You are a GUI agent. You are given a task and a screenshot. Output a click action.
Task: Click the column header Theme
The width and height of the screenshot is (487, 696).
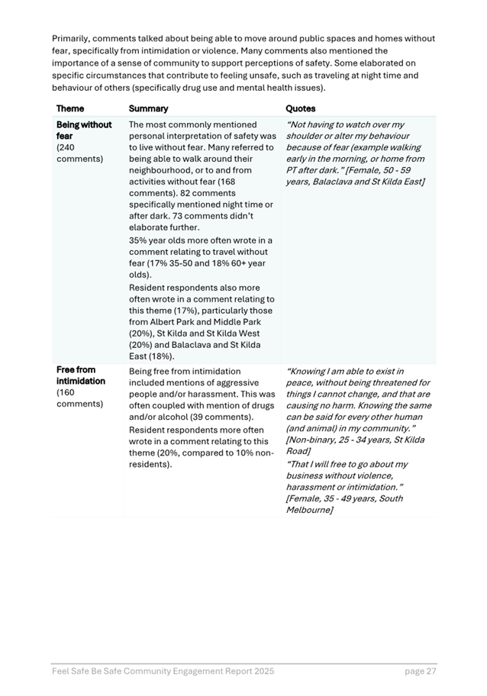[70, 108]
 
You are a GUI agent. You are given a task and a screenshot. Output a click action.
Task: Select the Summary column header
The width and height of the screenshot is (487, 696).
[148, 108]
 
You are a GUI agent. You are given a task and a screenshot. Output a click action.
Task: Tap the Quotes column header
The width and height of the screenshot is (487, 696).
[300, 108]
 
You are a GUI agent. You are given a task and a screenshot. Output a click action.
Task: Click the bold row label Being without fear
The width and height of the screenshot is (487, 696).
[84, 130]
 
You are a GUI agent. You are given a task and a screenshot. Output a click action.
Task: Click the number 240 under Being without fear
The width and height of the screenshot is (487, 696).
[67, 147]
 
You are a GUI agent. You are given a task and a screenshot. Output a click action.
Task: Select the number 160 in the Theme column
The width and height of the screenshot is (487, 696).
[67, 393]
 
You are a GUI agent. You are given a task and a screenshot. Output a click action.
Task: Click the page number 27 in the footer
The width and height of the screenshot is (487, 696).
[430, 672]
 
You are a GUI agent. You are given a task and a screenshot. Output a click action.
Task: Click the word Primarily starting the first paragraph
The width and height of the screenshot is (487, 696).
[71, 38]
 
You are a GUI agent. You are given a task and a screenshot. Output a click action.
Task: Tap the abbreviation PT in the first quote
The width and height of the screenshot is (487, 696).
[292, 170]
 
